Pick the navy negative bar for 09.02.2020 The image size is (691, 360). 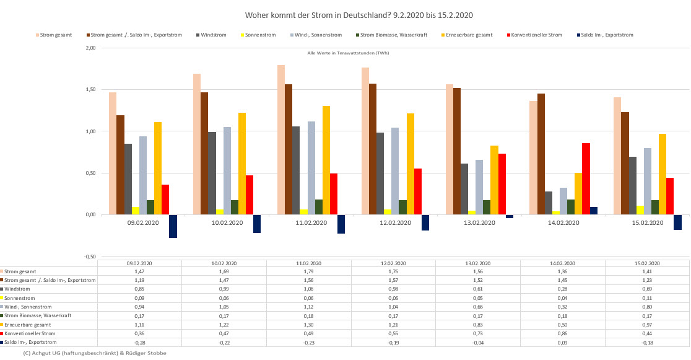(x=173, y=226)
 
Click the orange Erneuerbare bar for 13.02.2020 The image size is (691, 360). (x=494, y=180)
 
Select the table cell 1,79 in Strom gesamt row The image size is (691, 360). (x=308, y=271)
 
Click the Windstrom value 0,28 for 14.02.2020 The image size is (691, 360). (x=562, y=289)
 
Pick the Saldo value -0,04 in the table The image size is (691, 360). (x=477, y=342)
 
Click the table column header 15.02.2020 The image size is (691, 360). (x=647, y=263)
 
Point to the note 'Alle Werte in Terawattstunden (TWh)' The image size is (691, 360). (x=348, y=53)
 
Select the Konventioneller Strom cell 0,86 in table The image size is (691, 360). (x=562, y=333)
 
